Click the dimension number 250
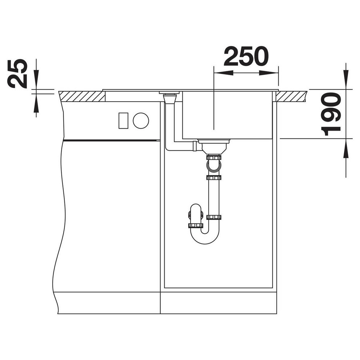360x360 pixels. coord(246,56)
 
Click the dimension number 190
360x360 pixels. coord(331,114)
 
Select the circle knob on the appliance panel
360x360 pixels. coord(141,121)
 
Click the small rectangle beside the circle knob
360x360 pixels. coord(123,121)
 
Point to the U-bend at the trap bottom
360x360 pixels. coord(205,236)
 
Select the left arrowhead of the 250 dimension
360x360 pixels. coord(223,73)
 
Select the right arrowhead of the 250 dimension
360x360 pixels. coord(269,73)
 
